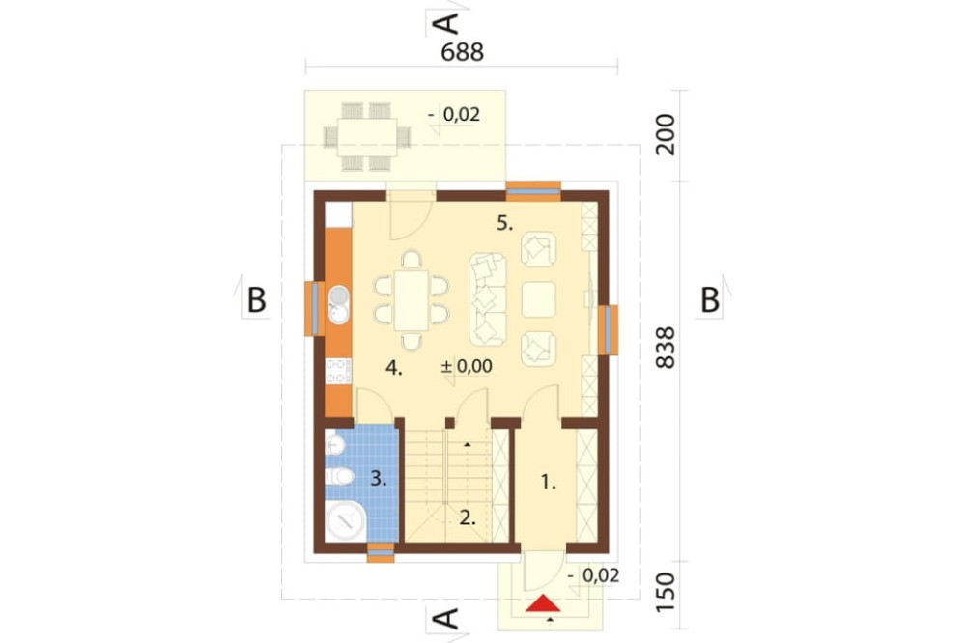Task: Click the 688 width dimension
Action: [463, 52]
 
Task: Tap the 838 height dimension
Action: [666, 348]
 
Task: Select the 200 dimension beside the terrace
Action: [666, 134]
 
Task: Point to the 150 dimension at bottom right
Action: [666, 593]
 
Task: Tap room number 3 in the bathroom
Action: [379, 478]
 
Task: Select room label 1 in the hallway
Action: [548, 483]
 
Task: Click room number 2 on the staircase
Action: [468, 517]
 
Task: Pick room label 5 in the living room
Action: [504, 224]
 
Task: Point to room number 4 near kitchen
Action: [394, 368]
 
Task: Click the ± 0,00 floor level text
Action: [467, 366]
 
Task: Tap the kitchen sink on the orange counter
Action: [337, 305]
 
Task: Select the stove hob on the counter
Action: [338, 371]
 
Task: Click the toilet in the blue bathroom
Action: [338, 476]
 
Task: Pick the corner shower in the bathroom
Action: [345, 520]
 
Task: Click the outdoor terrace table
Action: [367, 136]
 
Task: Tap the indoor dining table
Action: [412, 300]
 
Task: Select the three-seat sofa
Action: [488, 299]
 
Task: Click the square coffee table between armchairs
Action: [538, 299]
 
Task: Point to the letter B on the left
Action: [256, 300]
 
